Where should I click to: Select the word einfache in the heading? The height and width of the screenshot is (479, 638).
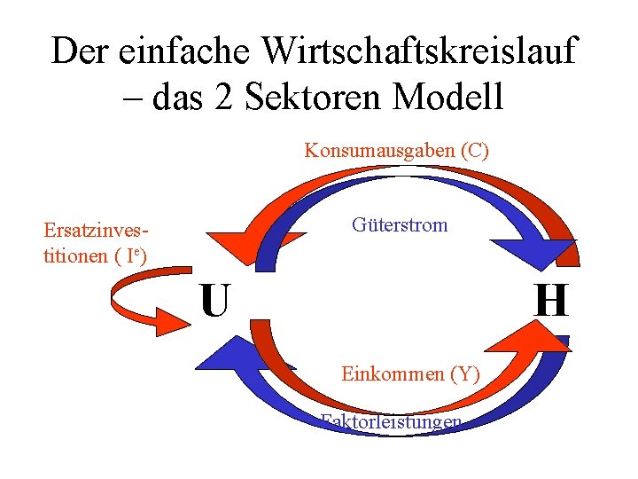tap(177, 51)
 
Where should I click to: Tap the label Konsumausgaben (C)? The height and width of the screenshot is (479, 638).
tap(396, 150)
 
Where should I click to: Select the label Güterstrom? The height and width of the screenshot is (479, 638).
tap(400, 224)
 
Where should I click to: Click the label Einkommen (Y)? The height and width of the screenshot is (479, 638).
tap(410, 373)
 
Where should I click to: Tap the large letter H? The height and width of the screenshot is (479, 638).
tap(551, 300)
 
